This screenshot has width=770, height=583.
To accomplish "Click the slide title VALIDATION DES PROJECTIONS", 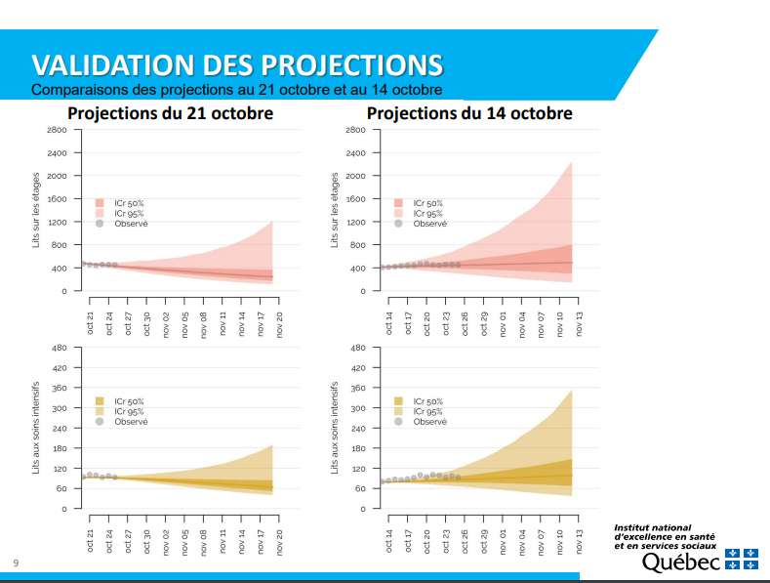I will click(237, 64).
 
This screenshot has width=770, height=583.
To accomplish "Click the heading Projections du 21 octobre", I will click(170, 114).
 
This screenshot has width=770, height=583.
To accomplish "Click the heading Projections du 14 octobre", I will click(469, 114).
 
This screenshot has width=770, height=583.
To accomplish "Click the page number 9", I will click(15, 562).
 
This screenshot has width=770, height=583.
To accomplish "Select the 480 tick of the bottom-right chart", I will click(356, 348).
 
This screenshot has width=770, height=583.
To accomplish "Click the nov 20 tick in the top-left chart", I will click(279, 322).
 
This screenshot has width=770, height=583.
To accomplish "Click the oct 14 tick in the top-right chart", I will click(389, 322).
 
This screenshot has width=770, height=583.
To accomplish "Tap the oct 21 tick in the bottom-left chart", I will click(90, 540).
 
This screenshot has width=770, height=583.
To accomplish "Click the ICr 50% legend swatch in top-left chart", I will click(100, 203).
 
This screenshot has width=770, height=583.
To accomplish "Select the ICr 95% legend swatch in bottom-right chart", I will click(398, 411).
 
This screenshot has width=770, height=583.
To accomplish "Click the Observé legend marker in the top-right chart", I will click(398, 223).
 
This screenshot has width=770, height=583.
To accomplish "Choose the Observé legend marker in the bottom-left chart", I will click(100, 421).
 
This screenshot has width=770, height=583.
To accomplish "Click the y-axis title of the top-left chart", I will click(36, 209).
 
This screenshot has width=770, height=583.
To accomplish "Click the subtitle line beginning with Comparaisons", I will click(237, 90).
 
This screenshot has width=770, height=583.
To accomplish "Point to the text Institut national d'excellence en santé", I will click(664, 532).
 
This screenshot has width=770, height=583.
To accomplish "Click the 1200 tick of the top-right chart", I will click(354, 222).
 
